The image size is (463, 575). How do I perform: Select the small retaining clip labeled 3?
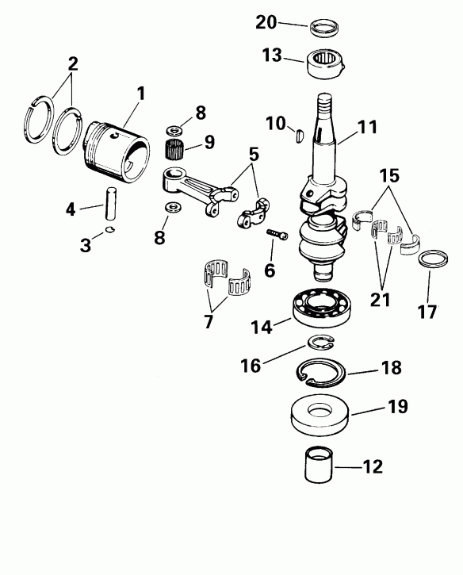tap(110, 231)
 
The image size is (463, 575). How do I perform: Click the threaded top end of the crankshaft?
tap(327, 104)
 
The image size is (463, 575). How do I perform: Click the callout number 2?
tap(72, 63)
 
